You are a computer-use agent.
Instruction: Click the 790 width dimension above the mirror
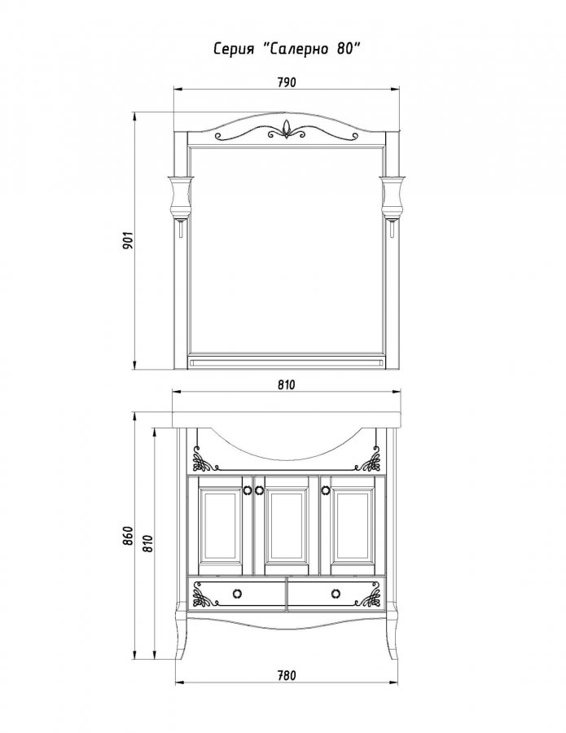tap(287, 83)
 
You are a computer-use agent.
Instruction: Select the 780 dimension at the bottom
tap(287, 675)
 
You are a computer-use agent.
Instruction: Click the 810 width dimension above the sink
tap(287, 384)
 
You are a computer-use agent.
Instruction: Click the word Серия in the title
tap(234, 49)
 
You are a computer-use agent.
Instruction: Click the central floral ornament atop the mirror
tap(287, 130)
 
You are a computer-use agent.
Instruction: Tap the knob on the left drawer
tap(237, 594)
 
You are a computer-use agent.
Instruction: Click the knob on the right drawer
tap(335, 594)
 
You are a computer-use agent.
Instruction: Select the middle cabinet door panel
tap(286, 526)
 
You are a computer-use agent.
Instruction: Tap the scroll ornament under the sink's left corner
tap(204, 459)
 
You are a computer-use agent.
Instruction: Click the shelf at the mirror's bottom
tap(287, 363)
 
